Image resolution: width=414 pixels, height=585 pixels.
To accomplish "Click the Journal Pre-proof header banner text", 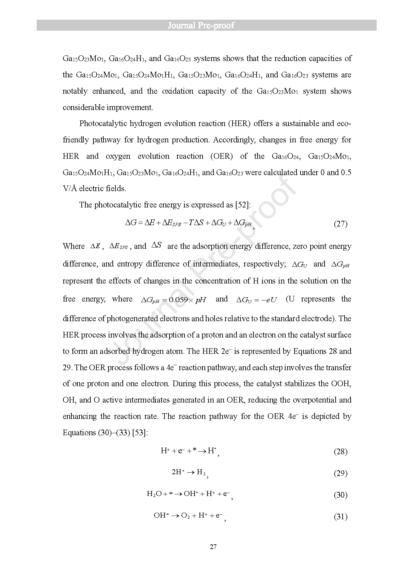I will point(201,25).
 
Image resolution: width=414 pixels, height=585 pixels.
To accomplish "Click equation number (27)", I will point(341,224).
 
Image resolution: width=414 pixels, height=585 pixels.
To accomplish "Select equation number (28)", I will point(341,452).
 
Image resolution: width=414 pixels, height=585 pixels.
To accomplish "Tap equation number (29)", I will point(341,473).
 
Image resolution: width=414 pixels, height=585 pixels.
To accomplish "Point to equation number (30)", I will point(341,495).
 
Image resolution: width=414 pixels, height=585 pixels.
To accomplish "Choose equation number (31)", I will point(341,517).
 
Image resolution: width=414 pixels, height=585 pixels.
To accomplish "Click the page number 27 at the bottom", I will point(214,547).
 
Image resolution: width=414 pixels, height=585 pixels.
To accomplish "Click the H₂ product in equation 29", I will point(201,472).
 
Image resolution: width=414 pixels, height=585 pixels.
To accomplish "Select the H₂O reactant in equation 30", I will point(154,494).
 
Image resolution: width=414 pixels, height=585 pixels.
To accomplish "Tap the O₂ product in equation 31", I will point(185,516).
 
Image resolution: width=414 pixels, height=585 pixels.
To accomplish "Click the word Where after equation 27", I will point(74,246).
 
